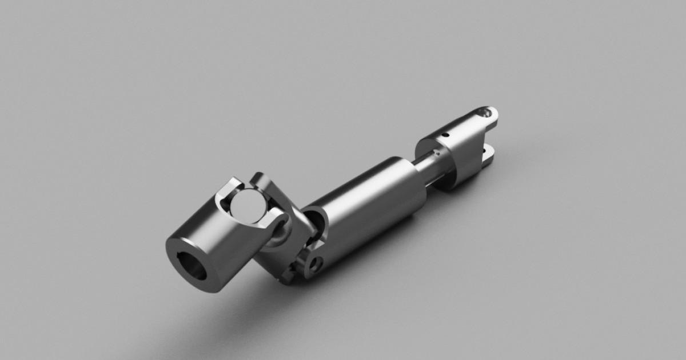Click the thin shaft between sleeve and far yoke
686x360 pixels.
click(434, 169)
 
